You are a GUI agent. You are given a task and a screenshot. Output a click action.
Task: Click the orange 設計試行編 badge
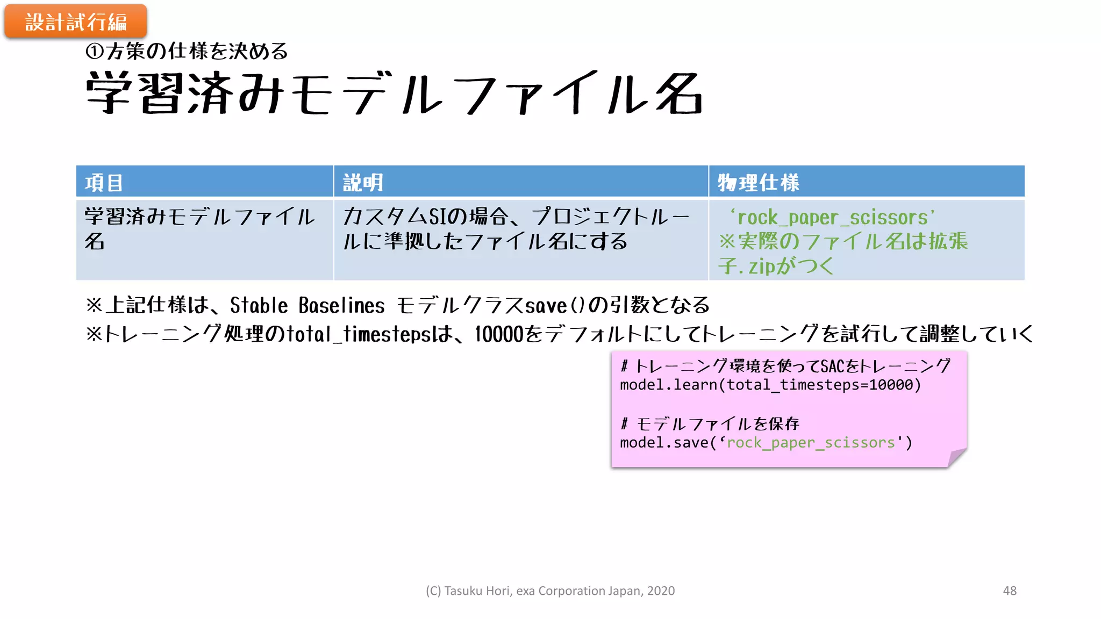[75, 21]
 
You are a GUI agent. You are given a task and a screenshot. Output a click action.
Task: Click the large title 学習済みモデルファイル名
[394, 93]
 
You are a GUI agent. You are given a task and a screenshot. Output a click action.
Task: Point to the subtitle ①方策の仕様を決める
[187, 52]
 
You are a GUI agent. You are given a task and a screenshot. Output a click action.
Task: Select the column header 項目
[104, 183]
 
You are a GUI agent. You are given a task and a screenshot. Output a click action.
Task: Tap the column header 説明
[363, 183]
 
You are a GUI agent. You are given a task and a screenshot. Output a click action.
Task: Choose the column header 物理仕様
[758, 183]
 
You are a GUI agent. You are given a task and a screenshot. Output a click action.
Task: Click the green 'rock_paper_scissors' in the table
[832, 218]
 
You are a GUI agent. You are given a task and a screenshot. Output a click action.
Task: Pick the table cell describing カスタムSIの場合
[516, 229]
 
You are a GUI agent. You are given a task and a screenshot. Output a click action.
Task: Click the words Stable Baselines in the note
[307, 306]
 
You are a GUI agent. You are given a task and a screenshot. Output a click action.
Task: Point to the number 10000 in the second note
[499, 334]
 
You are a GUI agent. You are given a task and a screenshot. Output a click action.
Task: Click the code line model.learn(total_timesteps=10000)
[770, 385]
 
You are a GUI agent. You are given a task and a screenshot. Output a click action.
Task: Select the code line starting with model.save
[766, 443]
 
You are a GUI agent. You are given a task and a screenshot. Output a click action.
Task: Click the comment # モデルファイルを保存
[710, 424]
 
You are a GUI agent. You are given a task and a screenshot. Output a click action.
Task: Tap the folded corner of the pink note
[956, 457]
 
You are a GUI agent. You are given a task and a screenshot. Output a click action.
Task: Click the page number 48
[1010, 591]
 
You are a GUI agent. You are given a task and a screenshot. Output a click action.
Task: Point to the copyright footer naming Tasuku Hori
[550, 591]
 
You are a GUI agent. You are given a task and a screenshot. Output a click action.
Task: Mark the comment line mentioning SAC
[785, 366]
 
